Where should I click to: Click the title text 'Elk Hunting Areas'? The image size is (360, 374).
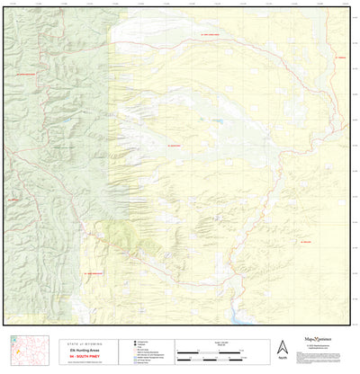coord(73,345)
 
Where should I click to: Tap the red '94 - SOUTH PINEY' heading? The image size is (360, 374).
coord(73,352)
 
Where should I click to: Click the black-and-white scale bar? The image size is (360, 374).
coord(213,350)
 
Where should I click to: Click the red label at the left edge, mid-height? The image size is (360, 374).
coord(13,200)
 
